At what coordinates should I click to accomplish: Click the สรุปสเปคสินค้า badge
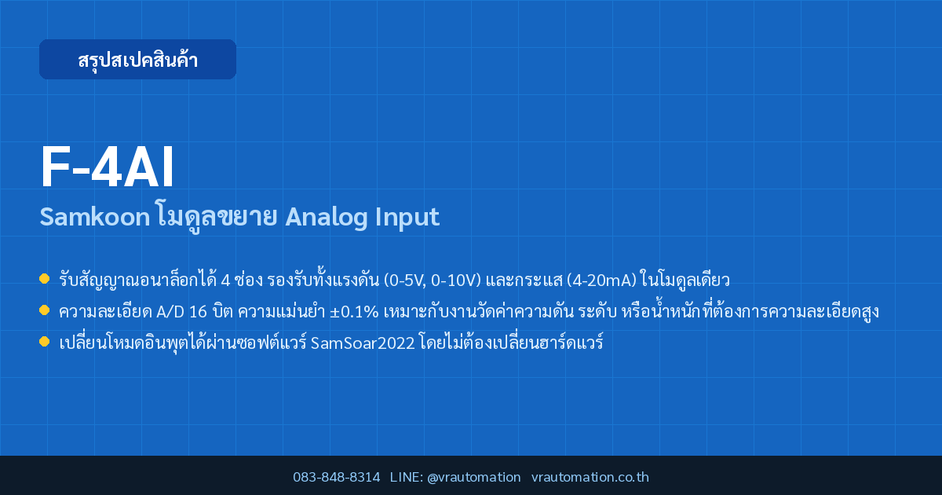137,60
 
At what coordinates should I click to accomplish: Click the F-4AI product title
108,167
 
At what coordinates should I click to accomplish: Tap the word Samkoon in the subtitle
95,217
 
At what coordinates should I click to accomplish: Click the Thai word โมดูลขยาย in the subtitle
217,217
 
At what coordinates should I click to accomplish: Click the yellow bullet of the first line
44,279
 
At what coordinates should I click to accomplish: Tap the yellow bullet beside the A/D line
44,310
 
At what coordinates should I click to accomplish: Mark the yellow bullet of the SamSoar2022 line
44,341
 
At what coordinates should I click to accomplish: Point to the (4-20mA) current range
601,280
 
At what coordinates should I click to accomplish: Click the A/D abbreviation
170,312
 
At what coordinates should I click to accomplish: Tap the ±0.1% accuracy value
354,312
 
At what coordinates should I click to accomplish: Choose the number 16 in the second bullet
198,312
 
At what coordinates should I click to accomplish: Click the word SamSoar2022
363,343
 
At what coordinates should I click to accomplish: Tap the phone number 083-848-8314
337,477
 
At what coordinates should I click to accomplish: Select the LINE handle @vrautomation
474,478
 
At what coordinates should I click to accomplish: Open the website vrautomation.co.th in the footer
590,477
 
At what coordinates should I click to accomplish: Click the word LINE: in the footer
407,477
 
